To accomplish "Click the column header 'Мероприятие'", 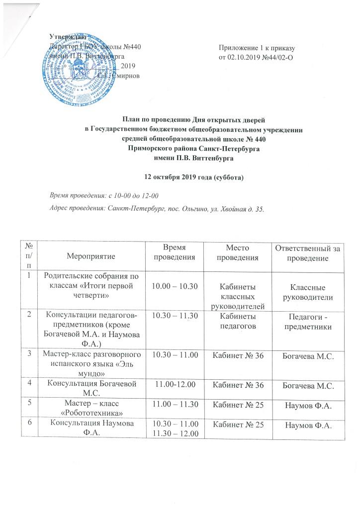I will [x=93, y=255].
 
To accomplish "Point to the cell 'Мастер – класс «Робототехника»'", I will [x=93, y=408].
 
